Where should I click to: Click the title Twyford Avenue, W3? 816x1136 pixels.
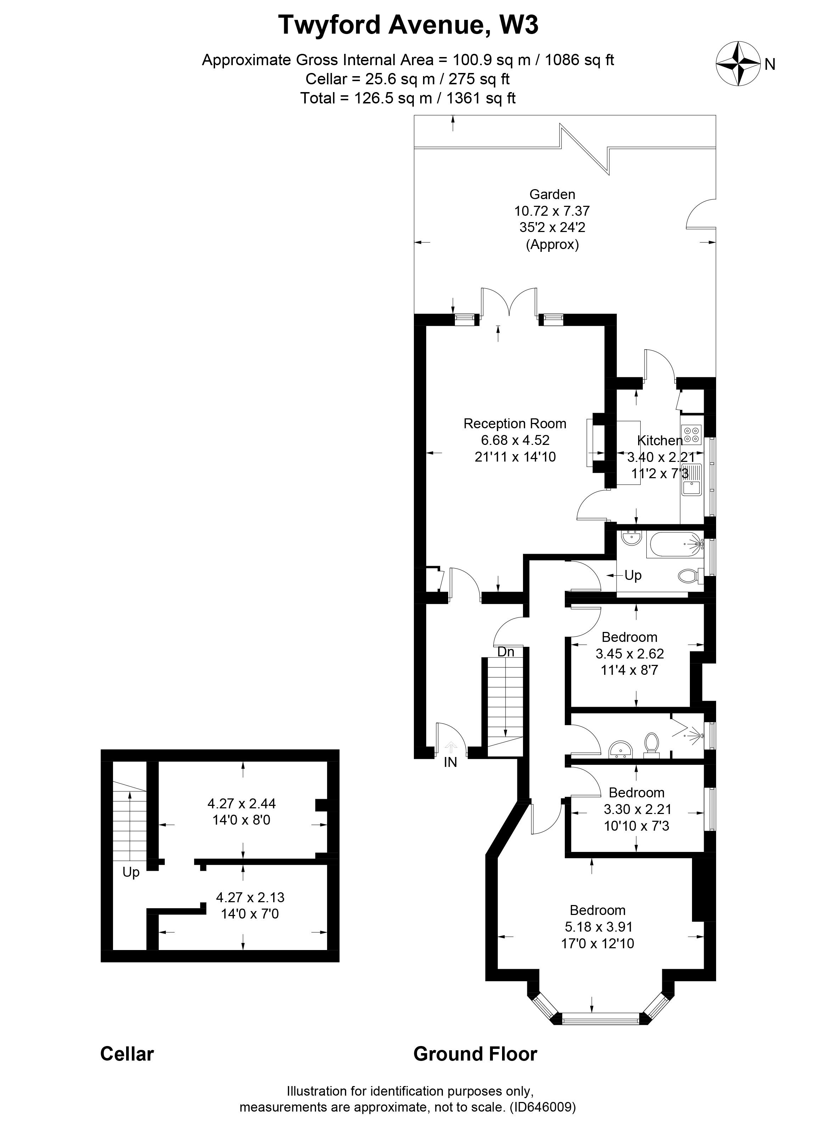408,25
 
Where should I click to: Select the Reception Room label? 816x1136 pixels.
514,424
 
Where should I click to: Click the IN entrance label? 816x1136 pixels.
450,763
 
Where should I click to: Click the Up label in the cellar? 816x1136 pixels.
131,872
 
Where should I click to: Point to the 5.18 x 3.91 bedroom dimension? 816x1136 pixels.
598,927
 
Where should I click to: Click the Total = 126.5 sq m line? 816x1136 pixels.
408,98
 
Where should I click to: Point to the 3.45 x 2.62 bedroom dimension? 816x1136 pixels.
629,654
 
